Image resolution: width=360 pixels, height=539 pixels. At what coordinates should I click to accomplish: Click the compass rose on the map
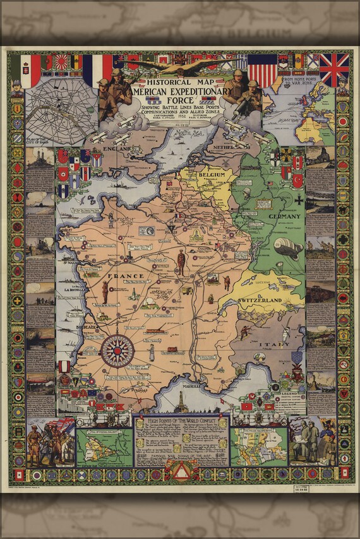[117, 350]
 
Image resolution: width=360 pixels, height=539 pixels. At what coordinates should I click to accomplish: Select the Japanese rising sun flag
[63, 62]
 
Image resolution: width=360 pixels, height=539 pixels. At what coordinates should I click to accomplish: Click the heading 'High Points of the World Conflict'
[181, 421]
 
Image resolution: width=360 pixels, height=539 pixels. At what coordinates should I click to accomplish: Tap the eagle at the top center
[180, 66]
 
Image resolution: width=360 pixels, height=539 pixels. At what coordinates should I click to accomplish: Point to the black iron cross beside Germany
[298, 199]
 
